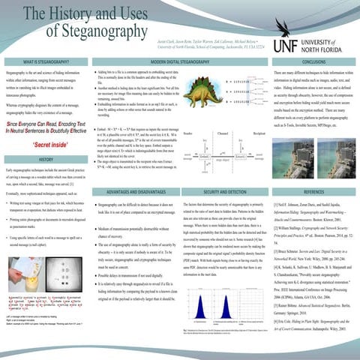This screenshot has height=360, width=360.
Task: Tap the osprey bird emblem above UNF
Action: pos(309,12)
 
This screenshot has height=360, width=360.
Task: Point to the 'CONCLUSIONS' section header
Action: pos(309,61)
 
